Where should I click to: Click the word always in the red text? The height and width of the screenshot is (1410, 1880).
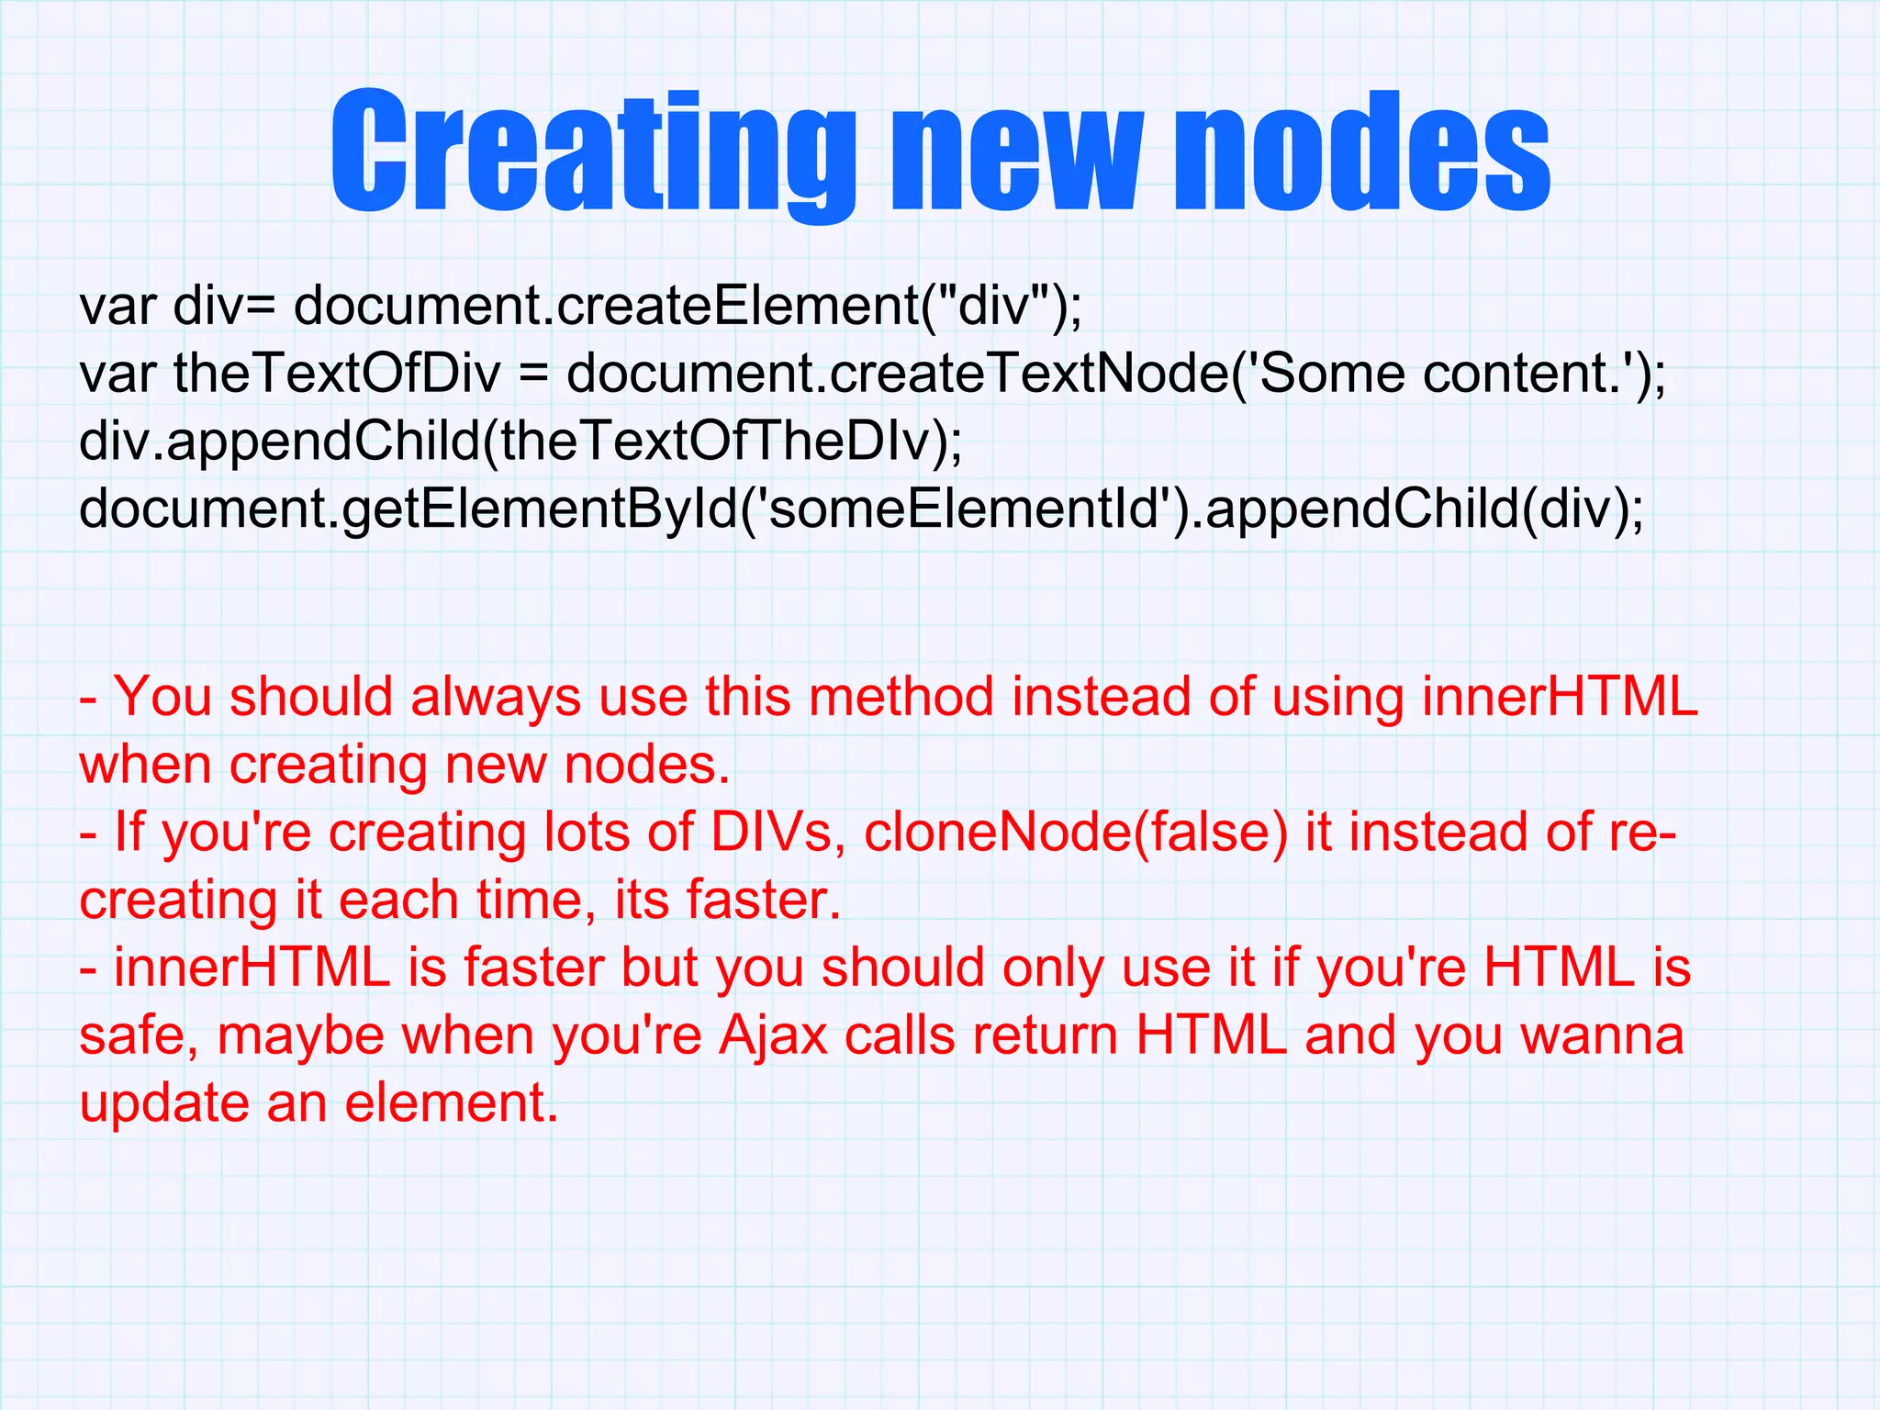pos(496,697)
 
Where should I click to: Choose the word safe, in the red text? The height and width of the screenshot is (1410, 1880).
pos(139,1035)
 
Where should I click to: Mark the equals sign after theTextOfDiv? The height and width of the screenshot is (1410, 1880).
pos(533,375)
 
